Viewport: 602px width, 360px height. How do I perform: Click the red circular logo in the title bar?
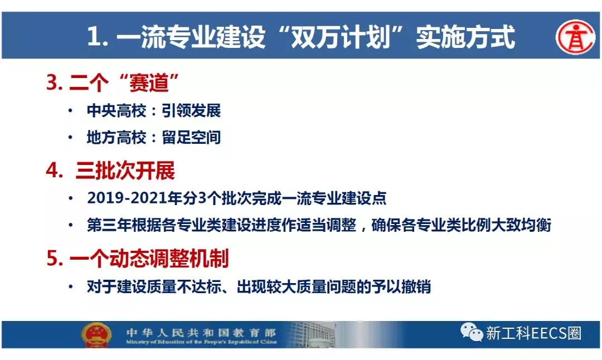[575, 37]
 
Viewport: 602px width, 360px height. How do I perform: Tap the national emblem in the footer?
[96, 334]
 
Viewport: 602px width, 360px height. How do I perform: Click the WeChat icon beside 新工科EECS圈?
[471, 332]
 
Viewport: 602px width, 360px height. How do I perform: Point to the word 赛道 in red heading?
[149, 82]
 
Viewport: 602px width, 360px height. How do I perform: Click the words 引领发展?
[191, 110]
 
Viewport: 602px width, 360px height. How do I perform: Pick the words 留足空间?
[191, 137]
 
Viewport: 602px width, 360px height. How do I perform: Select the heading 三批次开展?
[125, 171]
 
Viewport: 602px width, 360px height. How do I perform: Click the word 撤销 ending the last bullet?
[416, 286]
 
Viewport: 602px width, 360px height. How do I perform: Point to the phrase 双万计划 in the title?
[341, 37]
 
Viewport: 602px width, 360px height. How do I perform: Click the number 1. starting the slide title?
[98, 37]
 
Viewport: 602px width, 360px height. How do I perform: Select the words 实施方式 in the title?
[465, 37]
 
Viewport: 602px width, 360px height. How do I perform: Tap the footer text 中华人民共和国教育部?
[201, 332]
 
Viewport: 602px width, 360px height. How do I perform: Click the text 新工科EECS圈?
[533, 333]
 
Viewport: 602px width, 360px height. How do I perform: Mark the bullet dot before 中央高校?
[70, 111]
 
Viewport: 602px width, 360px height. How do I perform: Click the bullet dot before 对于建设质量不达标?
[70, 286]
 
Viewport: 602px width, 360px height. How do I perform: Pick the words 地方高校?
[116, 137]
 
